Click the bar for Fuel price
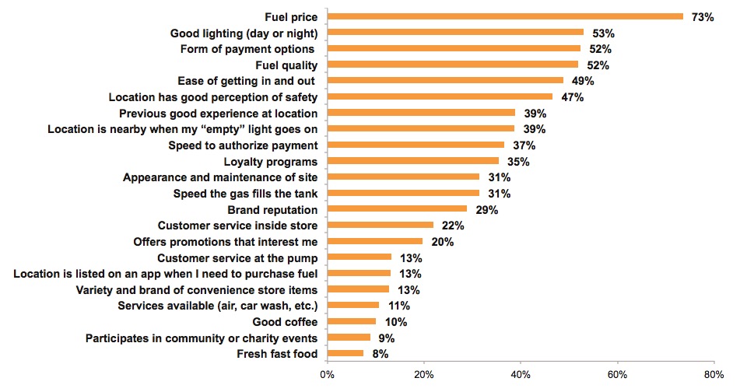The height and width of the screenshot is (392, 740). (x=505, y=16)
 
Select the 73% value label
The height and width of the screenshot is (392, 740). (x=703, y=16)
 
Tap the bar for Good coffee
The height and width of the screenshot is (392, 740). (x=352, y=322)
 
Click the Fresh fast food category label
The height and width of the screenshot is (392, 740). (x=277, y=354)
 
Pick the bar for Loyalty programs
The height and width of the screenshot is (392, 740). (x=413, y=161)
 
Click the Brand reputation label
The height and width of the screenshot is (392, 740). (x=272, y=209)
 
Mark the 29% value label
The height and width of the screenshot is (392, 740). (x=487, y=210)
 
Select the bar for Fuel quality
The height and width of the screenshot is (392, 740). (x=453, y=65)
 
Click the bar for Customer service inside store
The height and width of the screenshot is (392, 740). (x=381, y=226)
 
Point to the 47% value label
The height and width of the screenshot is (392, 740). (x=572, y=97)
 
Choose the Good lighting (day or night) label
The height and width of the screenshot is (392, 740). (x=244, y=33)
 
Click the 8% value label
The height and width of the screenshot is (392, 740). (x=379, y=355)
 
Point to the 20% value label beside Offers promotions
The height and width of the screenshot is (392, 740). (x=443, y=242)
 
